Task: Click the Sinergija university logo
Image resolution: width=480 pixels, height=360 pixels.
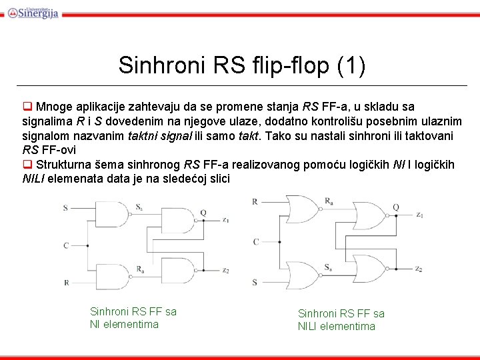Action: coord(33,11)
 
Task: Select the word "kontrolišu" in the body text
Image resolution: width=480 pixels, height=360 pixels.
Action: coord(320,121)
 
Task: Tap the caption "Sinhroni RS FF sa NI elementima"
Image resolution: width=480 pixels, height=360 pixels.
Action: coord(133,318)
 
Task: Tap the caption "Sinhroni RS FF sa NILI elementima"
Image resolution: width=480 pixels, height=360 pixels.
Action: coord(341,319)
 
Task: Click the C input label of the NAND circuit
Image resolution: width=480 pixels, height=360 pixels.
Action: coord(65,245)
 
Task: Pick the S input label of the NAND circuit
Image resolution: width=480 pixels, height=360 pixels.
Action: coord(65,208)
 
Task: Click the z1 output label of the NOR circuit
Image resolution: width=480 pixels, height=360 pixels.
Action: coord(419,215)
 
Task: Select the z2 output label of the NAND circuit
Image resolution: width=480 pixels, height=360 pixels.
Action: coord(226,271)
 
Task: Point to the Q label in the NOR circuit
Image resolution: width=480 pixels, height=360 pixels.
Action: coord(395,207)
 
